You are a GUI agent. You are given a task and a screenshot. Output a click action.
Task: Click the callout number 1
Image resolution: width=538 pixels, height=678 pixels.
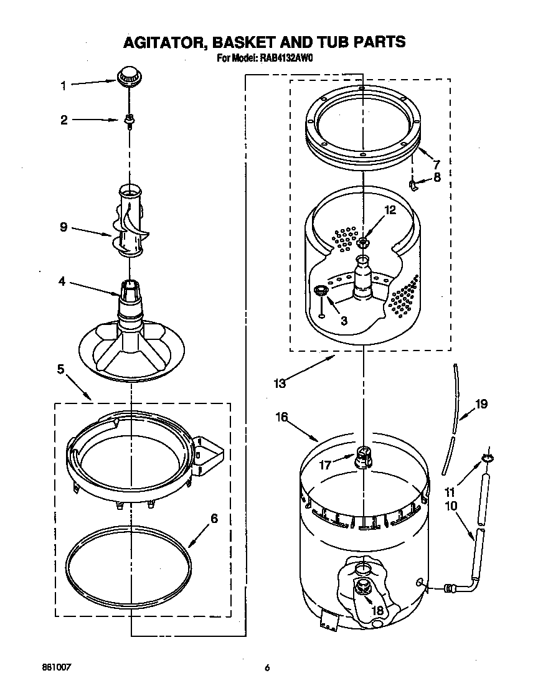(x=63, y=86)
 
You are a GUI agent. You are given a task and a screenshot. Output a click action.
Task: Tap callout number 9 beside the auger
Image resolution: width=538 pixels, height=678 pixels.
(x=63, y=227)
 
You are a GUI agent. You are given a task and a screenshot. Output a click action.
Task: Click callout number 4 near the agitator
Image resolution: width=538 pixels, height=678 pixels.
(x=62, y=281)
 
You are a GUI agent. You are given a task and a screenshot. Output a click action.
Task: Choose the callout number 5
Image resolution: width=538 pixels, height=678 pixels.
(x=60, y=369)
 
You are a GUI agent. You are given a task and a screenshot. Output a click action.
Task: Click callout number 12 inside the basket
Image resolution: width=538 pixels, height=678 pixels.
(x=390, y=210)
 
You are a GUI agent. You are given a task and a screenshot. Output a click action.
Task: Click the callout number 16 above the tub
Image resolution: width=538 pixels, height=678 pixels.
(x=281, y=417)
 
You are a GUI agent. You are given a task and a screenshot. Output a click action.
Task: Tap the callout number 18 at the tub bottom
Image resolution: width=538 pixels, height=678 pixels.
(x=377, y=611)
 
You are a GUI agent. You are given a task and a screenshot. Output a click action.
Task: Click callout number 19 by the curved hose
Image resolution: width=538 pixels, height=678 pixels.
(x=481, y=404)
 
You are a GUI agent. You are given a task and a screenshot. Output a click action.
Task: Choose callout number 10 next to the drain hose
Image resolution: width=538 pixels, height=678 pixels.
(x=450, y=506)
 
